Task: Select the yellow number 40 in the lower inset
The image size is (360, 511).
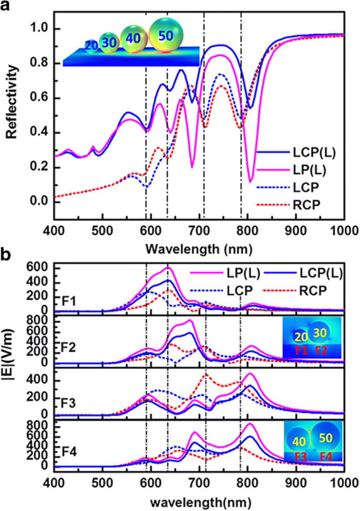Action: [295, 442]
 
